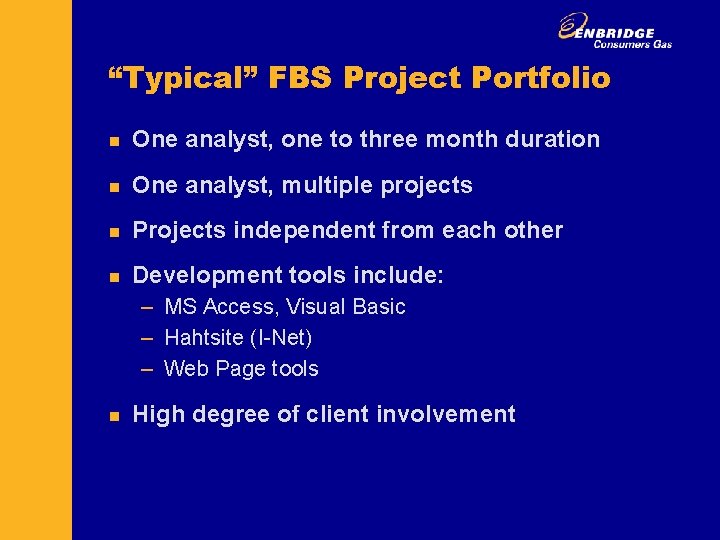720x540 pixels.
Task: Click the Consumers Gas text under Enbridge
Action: (x=633, y=44)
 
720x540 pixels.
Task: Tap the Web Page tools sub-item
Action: (x=241, y=369)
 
